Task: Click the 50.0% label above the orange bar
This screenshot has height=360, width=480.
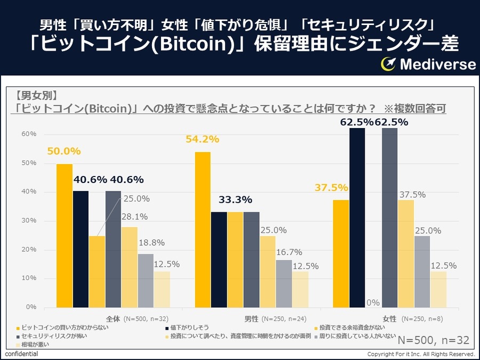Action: (x=64, y=151)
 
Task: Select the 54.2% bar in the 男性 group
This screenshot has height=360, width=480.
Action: (x=203, y=229)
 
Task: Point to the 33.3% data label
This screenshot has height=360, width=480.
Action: (x=235, y=200)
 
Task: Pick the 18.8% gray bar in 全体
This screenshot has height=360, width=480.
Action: (x=146, y=281)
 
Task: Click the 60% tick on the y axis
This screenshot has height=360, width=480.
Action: (x=29, y=133)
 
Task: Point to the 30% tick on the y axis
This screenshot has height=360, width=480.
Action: (x=29, y=220)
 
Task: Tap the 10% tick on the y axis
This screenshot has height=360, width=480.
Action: (x=29, y=278)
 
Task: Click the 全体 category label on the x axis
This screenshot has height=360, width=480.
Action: (x=113, y=319)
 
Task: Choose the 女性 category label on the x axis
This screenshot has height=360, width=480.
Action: (x=389, y=319)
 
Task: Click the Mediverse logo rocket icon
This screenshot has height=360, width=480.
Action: (x=388, y=65)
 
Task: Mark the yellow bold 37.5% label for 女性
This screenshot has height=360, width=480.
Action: (x=331, y=188)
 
